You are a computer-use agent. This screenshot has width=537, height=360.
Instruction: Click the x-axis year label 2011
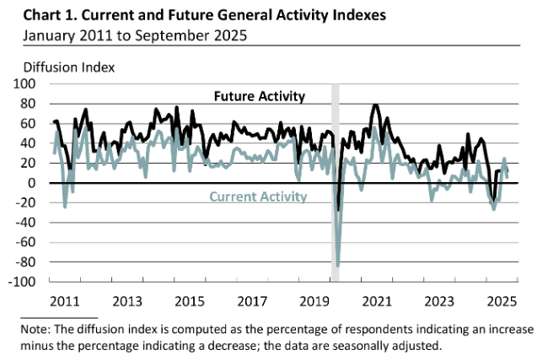(65, 300)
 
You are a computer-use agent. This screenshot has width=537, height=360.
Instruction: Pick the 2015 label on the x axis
(189, 300)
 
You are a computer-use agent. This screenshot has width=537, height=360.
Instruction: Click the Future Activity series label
(258, 96)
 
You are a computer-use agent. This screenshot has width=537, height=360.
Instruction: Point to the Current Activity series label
(257, 196)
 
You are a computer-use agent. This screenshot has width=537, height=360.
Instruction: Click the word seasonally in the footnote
(380, 345)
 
